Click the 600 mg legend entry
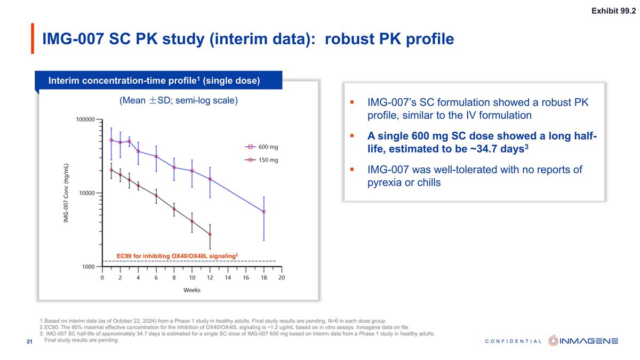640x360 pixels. point(261,147)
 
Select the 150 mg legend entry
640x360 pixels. point(261,159)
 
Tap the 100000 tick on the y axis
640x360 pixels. point(84,119)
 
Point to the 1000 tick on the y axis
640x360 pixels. point(87,267)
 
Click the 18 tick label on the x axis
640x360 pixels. point(263,278)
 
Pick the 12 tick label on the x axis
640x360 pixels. point(210,278)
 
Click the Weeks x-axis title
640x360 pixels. point(191,290)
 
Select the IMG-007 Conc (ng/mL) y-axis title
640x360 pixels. point(66,194)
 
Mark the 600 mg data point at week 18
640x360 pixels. point(263,212)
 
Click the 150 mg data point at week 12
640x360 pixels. point(210,235)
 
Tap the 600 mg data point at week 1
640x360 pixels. point(111,140)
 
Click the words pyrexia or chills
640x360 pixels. point(404,183)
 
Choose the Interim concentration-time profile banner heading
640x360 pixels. point(154,81)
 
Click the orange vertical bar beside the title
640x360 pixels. point(33,38)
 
